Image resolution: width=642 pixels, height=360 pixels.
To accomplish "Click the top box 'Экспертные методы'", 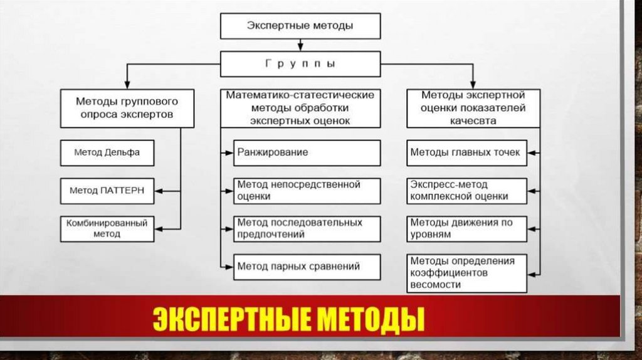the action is point(300,26).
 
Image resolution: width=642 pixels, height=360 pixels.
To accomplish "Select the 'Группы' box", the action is point(300,64).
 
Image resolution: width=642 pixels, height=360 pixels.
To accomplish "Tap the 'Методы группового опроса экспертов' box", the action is point(127,108).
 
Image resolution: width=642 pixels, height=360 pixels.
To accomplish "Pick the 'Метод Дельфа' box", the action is point(107,152).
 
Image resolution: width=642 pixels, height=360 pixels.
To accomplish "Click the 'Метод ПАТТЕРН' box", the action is point(107,191).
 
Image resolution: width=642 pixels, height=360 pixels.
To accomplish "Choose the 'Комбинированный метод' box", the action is point(107,228).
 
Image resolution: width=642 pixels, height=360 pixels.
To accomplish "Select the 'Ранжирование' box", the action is point(307,152).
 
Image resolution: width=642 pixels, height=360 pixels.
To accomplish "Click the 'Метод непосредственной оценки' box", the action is point(307,191).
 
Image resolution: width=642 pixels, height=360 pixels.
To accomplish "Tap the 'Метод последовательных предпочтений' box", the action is point(307,228).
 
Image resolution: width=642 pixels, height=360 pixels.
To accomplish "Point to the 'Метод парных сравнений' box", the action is point(307,267).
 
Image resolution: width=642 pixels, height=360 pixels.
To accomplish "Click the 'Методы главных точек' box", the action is point(466,152).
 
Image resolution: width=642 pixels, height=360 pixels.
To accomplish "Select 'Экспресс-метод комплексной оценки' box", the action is point(466,191).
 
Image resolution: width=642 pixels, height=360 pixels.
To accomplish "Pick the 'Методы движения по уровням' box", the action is point(466,228).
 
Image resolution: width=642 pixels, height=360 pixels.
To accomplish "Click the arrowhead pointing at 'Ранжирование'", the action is point(229,152).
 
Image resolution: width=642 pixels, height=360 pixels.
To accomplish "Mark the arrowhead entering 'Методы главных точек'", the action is point(531,152).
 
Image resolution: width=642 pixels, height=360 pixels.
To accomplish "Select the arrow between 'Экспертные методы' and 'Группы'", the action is point(300,45).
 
